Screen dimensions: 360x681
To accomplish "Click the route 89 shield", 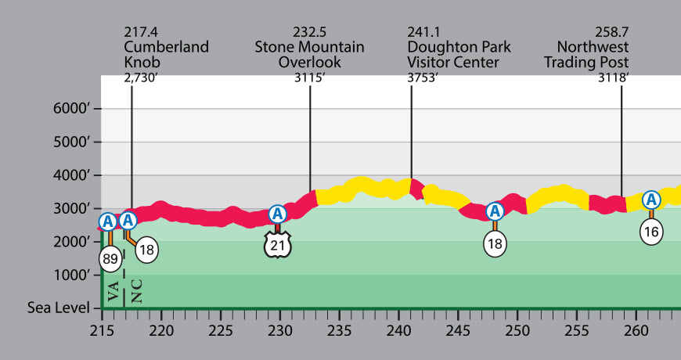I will tap(110, 259).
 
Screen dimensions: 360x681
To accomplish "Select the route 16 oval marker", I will tap(651, 231).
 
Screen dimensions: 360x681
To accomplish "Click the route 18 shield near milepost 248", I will tap(495, 243).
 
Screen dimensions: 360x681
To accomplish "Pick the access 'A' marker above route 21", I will tap(277, 214).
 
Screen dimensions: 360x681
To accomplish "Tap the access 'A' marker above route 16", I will tap(651, 200).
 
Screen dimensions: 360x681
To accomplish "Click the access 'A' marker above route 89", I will tap(109, 221).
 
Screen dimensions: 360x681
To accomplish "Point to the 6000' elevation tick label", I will tap(72, 109).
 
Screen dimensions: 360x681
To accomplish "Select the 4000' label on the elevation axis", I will tap(72, 175).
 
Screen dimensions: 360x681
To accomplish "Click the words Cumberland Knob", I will tap(166, 54).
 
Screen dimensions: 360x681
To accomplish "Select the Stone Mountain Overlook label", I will tap(309, 54).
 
